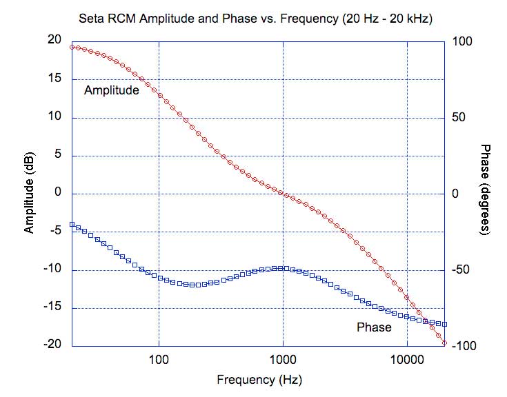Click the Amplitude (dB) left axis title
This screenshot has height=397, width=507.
point(29,193)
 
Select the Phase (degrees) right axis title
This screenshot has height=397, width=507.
point(484,190)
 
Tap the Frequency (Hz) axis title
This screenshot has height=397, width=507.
point(259,380)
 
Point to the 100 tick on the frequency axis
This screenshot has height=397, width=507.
point(159,360)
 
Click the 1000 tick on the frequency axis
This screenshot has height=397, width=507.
point(283,360)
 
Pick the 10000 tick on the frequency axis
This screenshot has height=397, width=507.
point(407,360)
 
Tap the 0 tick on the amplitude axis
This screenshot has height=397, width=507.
point(59,193)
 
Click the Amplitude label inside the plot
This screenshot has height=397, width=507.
point(112,90)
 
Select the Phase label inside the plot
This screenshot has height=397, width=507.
point(374,327)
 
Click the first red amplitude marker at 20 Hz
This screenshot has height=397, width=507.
point(72,47)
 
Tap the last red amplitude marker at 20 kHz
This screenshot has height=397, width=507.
point(445,343)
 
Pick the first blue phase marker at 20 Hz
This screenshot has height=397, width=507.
point(72,224)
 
